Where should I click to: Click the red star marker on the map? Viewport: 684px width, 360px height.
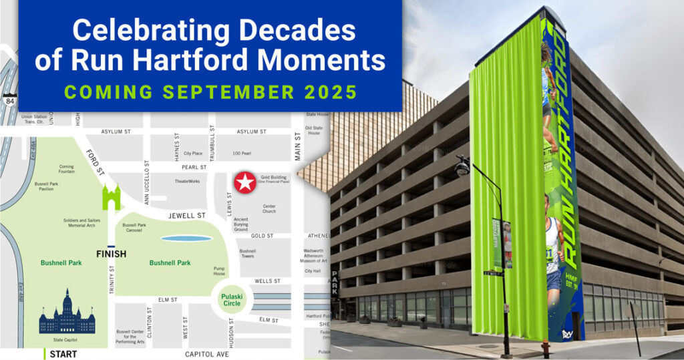(245, 181)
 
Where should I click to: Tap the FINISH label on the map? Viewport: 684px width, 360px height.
(111, 254)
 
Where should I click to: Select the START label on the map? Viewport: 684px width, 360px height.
(63, 354)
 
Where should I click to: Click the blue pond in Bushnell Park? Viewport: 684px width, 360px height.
(186, 238)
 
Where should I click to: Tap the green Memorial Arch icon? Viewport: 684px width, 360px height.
(111, 198)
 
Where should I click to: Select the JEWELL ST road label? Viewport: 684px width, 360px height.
(187, 216)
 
